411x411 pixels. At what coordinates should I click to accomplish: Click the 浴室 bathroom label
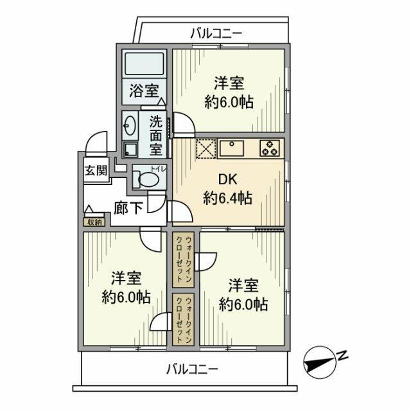pos(143,91)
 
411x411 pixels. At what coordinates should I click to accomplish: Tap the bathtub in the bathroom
pos(144,65)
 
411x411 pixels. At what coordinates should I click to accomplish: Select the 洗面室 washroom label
pos(156,135)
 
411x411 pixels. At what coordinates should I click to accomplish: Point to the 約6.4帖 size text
pos(227,198)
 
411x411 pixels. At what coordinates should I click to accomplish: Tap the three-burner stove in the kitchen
pos(271,148)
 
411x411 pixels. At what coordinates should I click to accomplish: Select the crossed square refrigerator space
pos(205,148)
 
